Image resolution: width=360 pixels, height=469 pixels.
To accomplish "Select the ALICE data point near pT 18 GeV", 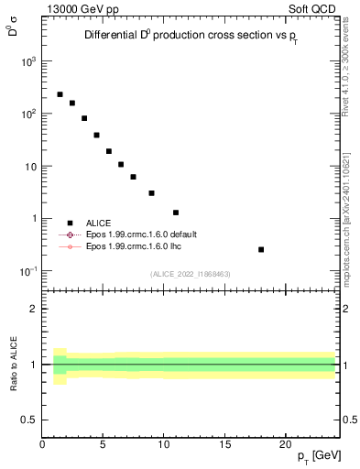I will tap(261, 249).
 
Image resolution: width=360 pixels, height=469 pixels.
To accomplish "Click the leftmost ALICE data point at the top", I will tap(60, 94).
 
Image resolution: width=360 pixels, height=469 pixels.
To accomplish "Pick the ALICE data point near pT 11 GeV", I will tap(176, 213).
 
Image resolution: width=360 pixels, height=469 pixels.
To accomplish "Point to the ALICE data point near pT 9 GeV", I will tap(151, 193).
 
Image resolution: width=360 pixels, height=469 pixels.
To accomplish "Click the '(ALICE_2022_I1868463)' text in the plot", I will tap(190, 274).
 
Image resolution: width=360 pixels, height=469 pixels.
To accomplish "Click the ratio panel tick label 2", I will tap(33, 309).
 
